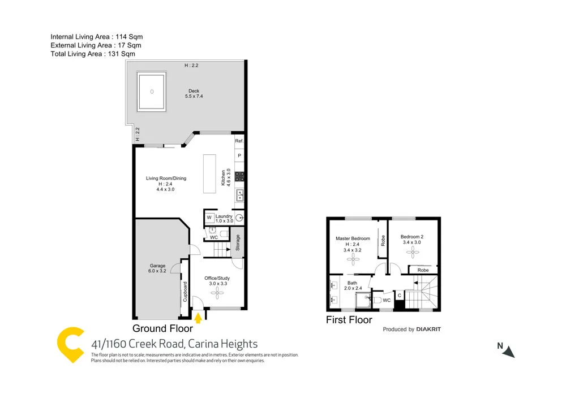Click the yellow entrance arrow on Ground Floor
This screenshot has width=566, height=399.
198,319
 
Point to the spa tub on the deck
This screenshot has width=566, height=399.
151,91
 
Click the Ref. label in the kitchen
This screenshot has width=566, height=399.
239,141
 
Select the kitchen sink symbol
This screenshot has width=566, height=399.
239,196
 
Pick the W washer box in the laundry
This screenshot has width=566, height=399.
209,218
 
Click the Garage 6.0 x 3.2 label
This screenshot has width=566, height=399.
157,268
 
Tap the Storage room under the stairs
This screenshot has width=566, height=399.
238,242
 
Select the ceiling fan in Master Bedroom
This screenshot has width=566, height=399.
353,259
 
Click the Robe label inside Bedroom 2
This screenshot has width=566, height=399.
423,270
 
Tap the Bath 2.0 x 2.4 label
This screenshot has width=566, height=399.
353,285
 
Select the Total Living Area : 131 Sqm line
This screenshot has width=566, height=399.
93,54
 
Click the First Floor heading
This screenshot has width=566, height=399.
349,320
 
